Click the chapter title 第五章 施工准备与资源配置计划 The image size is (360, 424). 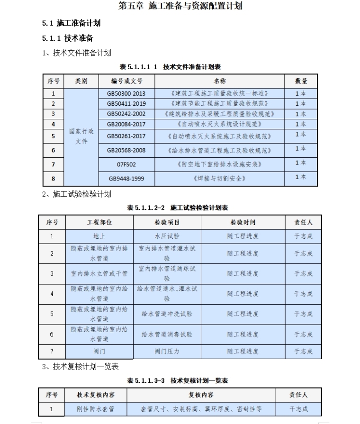pyautogui.click(x=180, y=6)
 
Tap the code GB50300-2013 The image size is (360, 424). pyautogui.click(x=126, y=93)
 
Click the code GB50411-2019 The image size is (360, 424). pyautogui.click(x=126, y=103)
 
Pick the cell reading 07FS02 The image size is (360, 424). pyautogui.click(x=126, y=164)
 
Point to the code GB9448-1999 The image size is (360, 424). pyautogui.click(x=126, y=179)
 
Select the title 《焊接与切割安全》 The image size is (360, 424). pyautogui.click(x=220, y=179)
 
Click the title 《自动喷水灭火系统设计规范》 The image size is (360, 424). pyautogui.click(x=220, y=124)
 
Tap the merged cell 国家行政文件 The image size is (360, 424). pyautogui.click(x=81, y=136)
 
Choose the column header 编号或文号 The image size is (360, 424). pyautogui.click(x=126, y=81)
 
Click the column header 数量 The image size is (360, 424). pyautogui.click(x=301, y=81)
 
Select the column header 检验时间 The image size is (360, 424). pyautogui.click(x=243, y=222)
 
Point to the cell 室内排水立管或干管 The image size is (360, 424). pyautogui.click(x=99, y=273)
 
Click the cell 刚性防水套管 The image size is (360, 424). pyautogui.click(x=95, y=408)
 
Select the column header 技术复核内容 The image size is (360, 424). pyautogui.click(x=95, y=395)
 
